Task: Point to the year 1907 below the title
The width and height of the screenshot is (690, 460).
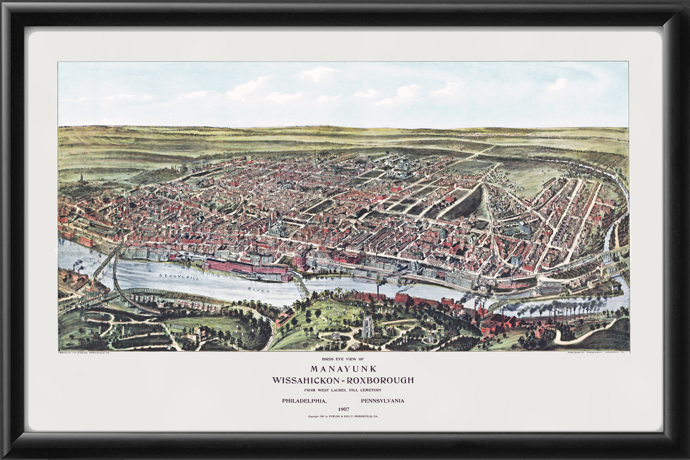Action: tap(343, 409)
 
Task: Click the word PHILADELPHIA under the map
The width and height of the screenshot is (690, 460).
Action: tap(304, 400)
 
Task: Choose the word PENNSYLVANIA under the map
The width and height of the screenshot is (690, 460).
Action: tap(382, 400)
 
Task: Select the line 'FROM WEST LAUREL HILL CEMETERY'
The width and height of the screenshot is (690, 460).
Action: tap(344, 390)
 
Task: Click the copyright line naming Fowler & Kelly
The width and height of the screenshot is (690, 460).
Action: tap(343, 416)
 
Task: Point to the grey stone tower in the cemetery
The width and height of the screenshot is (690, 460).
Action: tap(367, 326)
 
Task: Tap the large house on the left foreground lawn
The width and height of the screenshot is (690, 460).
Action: tap(198, 333)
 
